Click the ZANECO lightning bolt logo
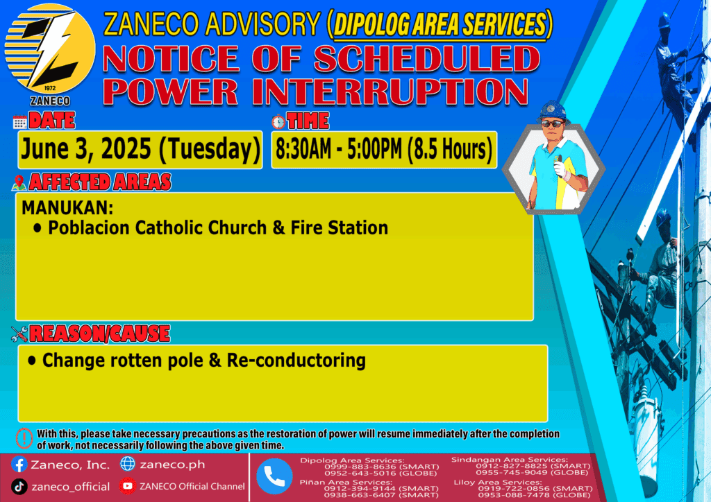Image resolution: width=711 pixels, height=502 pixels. tap(50, 49)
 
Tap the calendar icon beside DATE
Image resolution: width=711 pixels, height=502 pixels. tap(19, 122)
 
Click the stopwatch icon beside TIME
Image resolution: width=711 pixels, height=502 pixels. tap(278, 122)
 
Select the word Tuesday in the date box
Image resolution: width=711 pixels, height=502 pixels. tap(210, 149)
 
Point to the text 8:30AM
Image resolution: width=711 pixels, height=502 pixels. tap(303, 149)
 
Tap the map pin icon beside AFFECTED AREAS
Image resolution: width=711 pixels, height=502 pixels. tap(19, 182)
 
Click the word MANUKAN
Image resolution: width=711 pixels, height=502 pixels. tap(67, 208)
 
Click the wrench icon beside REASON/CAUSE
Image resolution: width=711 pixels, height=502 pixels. tap(19, 334)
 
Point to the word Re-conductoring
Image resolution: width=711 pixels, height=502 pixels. tap(296, 361)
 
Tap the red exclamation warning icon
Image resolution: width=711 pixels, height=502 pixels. tap(24, 438)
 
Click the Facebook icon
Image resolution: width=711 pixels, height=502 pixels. tap(19, 465)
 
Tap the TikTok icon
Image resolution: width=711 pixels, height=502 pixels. tap(19, 487)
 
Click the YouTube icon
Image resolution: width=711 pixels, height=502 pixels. tap(128, 486)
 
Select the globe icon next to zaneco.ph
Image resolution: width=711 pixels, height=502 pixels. tap(128, 464)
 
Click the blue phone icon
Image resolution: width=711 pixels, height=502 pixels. tap(274, 476)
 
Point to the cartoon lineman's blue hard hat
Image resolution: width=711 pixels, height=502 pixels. tap(552, 111)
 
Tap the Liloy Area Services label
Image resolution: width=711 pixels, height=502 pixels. tap(497, 482)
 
